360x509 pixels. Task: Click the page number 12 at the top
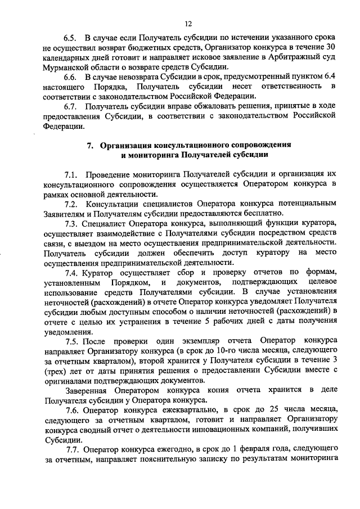[188, 23]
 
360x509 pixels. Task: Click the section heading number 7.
[90, 145]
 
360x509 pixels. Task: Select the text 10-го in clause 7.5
[218, 352]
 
